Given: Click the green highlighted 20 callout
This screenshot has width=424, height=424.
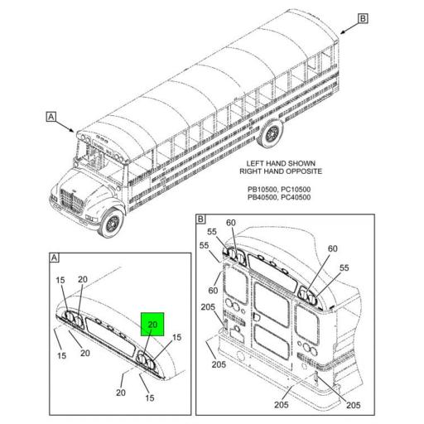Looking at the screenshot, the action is coord(152,325).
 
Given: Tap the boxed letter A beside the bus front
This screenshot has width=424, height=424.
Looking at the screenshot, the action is coord(51,117).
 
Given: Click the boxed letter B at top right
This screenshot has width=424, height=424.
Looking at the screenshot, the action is coord(363,18).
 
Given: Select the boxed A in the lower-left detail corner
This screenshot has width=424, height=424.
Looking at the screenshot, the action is coord(55,258).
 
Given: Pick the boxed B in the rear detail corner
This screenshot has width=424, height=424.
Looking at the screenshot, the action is coord(200,219).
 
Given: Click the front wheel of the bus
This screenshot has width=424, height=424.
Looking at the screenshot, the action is coord(112,223).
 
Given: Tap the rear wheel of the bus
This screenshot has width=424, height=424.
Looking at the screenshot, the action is coord(271,133).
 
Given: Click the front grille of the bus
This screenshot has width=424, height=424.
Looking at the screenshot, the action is coord(71,200).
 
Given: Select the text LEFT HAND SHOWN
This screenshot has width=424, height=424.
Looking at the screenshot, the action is coord(281,163).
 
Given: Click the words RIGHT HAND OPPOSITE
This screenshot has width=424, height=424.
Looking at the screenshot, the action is coord(281,171).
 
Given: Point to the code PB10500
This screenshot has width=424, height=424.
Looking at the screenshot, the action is coord(262,190).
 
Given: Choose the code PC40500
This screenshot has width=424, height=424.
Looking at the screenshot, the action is coord(296,197).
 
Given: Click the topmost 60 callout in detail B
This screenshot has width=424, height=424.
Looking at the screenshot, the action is coord(231,223).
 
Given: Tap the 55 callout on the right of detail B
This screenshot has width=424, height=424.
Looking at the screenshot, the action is coord(344,267).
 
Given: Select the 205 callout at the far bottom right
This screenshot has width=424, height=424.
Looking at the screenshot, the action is coord(354,405).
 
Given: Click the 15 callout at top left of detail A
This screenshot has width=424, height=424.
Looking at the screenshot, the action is coord(60,280).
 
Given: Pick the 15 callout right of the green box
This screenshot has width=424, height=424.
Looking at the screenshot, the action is coord(176,337).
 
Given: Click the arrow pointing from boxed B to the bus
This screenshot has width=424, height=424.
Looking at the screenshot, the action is coord(349,26).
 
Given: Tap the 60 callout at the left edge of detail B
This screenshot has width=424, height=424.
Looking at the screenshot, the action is coord(213,291).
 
